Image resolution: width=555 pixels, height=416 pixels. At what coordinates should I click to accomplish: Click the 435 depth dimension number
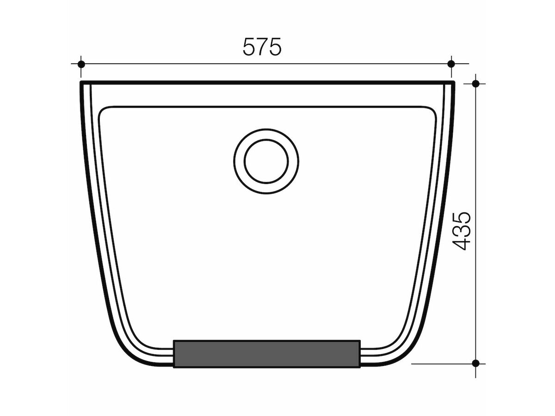pos(461,231)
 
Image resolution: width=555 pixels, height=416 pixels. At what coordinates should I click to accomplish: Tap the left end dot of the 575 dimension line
pos(81,64)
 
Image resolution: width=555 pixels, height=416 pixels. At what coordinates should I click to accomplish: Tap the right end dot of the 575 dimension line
pos(451,64)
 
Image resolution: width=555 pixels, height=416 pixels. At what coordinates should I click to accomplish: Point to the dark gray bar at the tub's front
pos(266,354)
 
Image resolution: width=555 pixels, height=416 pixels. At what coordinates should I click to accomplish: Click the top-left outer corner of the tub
pos(81,83)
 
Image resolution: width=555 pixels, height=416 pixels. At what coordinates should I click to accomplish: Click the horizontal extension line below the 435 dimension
pos(439,363)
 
